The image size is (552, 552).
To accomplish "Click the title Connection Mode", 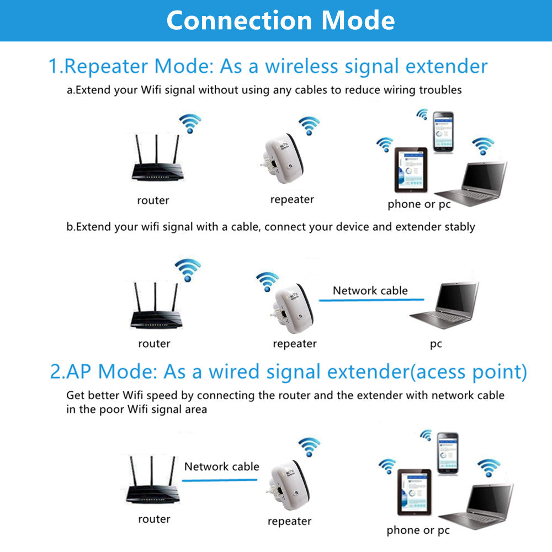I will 280,20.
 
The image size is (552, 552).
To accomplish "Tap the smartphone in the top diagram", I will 443,132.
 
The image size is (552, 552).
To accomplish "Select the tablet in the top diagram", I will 410,169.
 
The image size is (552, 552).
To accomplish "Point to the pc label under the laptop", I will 436,344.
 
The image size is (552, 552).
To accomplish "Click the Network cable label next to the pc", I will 370,290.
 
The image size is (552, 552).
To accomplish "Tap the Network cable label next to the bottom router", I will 221,466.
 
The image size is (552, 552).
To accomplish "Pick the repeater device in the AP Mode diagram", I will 288,486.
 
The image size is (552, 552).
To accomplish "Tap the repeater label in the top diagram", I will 291,199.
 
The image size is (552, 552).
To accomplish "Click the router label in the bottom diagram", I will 154,519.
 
